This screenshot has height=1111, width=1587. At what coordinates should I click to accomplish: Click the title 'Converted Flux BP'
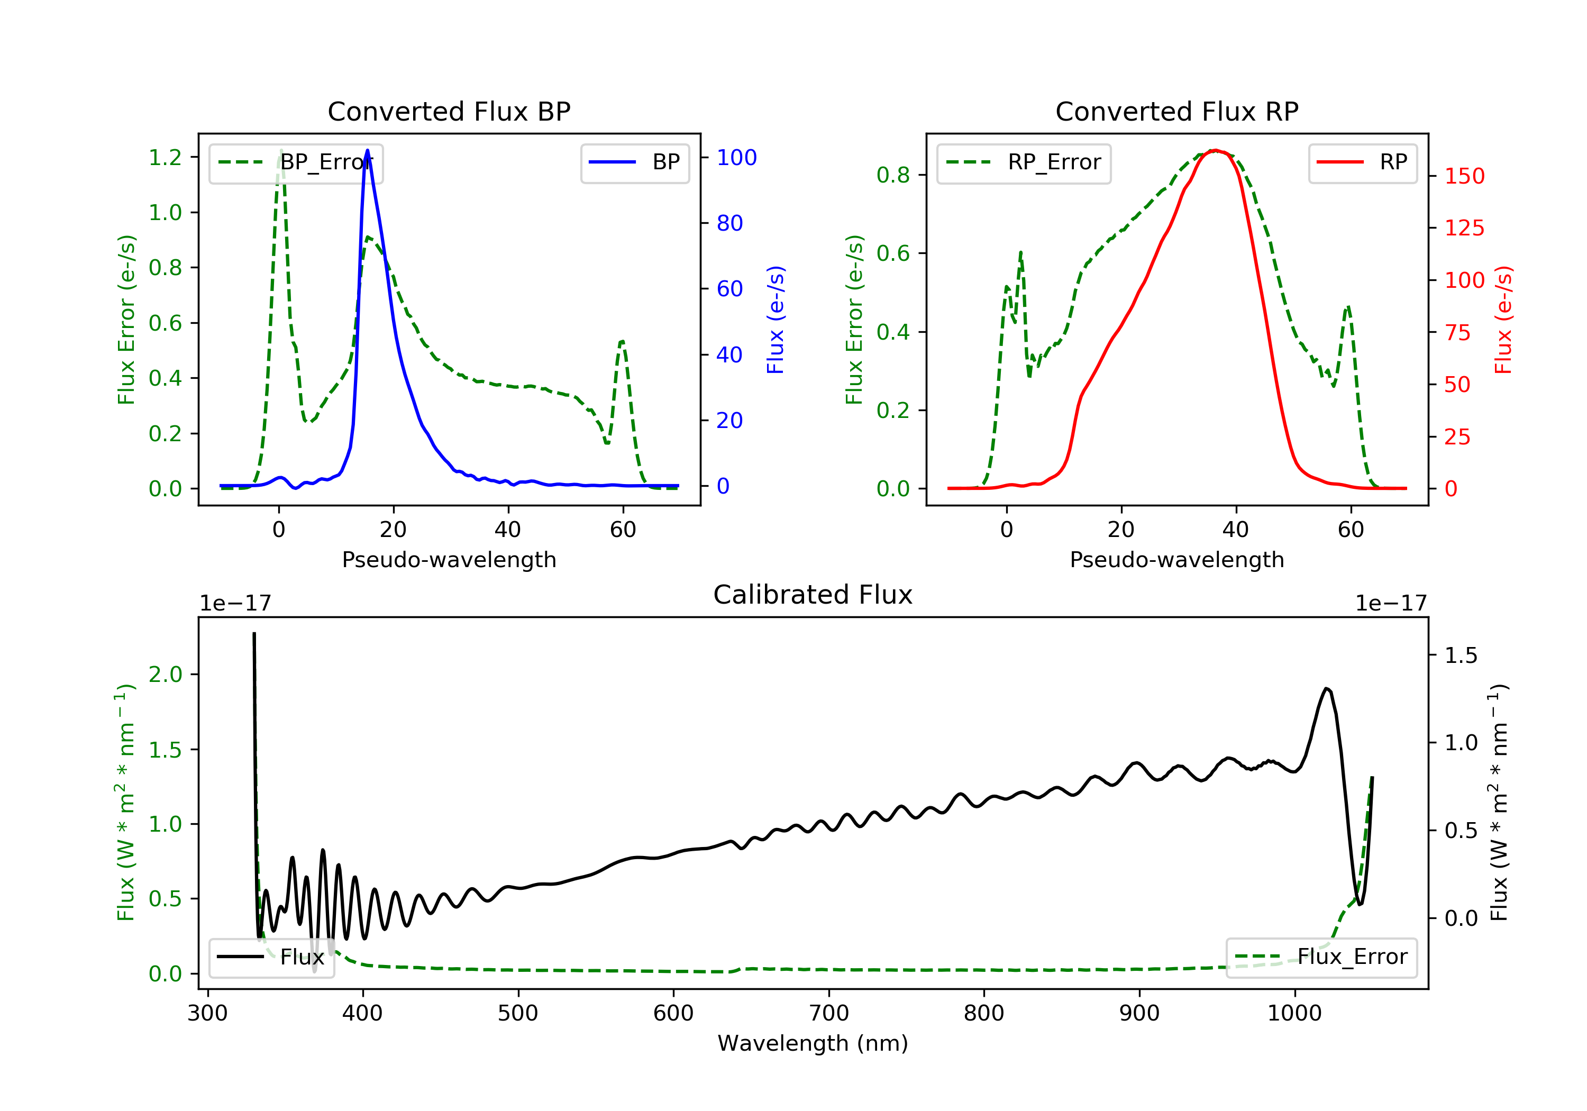pos(449,111)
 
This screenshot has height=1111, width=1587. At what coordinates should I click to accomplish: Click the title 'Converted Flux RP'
pos(1177,111)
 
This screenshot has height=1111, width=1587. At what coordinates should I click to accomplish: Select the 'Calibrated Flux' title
pos(813,595)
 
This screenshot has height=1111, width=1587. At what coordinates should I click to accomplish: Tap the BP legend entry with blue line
pos(634,162)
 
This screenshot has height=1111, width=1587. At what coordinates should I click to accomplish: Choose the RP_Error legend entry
pos(1024,162)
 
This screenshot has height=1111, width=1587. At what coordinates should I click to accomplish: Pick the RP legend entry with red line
pos(1362,162)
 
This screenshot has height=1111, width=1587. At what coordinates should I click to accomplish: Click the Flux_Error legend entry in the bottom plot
pos(1321,957)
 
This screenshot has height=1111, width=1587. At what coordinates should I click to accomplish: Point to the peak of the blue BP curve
pos(367,150)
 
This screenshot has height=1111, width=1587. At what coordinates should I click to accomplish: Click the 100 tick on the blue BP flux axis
pos(737,158)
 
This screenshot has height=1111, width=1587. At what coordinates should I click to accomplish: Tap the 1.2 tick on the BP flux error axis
pos(165,158)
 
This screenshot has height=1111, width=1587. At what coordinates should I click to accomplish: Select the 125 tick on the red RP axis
pos(1464,228)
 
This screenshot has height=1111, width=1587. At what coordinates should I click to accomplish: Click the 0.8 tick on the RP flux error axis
pos(893,175)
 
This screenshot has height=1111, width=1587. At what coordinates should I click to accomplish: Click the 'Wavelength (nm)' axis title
pos(813,1043)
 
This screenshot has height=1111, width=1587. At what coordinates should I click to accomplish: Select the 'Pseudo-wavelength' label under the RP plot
pos(1177,559)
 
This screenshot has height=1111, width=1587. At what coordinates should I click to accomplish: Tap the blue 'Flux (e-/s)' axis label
pos(776,320)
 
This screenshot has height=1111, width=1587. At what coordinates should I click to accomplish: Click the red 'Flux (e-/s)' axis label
pos(1503,320)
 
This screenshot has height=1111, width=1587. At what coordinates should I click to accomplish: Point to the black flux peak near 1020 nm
pos(1326,689)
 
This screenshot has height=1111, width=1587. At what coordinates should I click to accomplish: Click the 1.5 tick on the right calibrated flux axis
pos(1461,655)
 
